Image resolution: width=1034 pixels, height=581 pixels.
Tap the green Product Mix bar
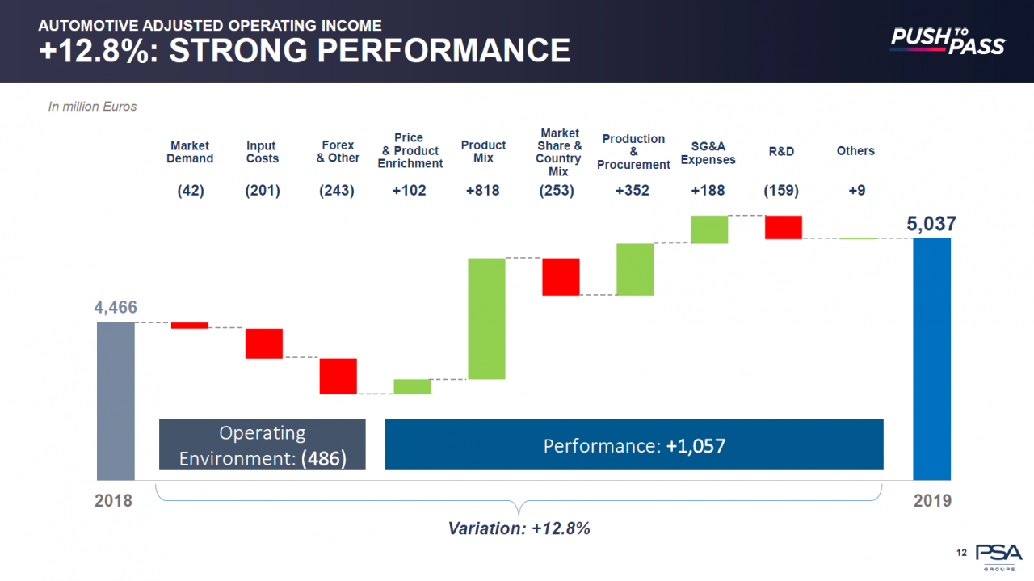click(486, 318)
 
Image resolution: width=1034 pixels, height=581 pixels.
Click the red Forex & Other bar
click(338, 376)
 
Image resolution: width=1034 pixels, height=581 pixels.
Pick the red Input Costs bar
click(264, 343)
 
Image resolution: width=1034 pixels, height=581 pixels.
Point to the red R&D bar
click(784, 227)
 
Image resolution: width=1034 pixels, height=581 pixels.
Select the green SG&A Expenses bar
click(709, 229)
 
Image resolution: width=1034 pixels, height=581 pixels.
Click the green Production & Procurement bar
click(635, 269)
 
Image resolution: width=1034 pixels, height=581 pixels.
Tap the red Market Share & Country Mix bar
click(561, 276)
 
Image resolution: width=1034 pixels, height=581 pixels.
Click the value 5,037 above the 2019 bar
click(931, 224)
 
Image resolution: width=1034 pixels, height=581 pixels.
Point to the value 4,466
click(116, 307)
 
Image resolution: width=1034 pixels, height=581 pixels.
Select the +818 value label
click(483, 191)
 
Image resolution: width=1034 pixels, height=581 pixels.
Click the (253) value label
click(557, 191)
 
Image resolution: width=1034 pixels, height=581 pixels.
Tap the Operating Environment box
click(263, 444)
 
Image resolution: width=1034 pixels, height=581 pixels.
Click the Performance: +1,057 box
click(633, 444)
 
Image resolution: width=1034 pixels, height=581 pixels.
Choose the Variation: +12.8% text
click(519, 528)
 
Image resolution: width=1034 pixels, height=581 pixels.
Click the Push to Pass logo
click(947, 40)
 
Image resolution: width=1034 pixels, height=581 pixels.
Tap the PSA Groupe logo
click(998, 556)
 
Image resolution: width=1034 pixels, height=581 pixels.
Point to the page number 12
click(961, 553)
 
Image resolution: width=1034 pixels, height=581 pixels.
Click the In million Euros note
click(93, 106)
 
